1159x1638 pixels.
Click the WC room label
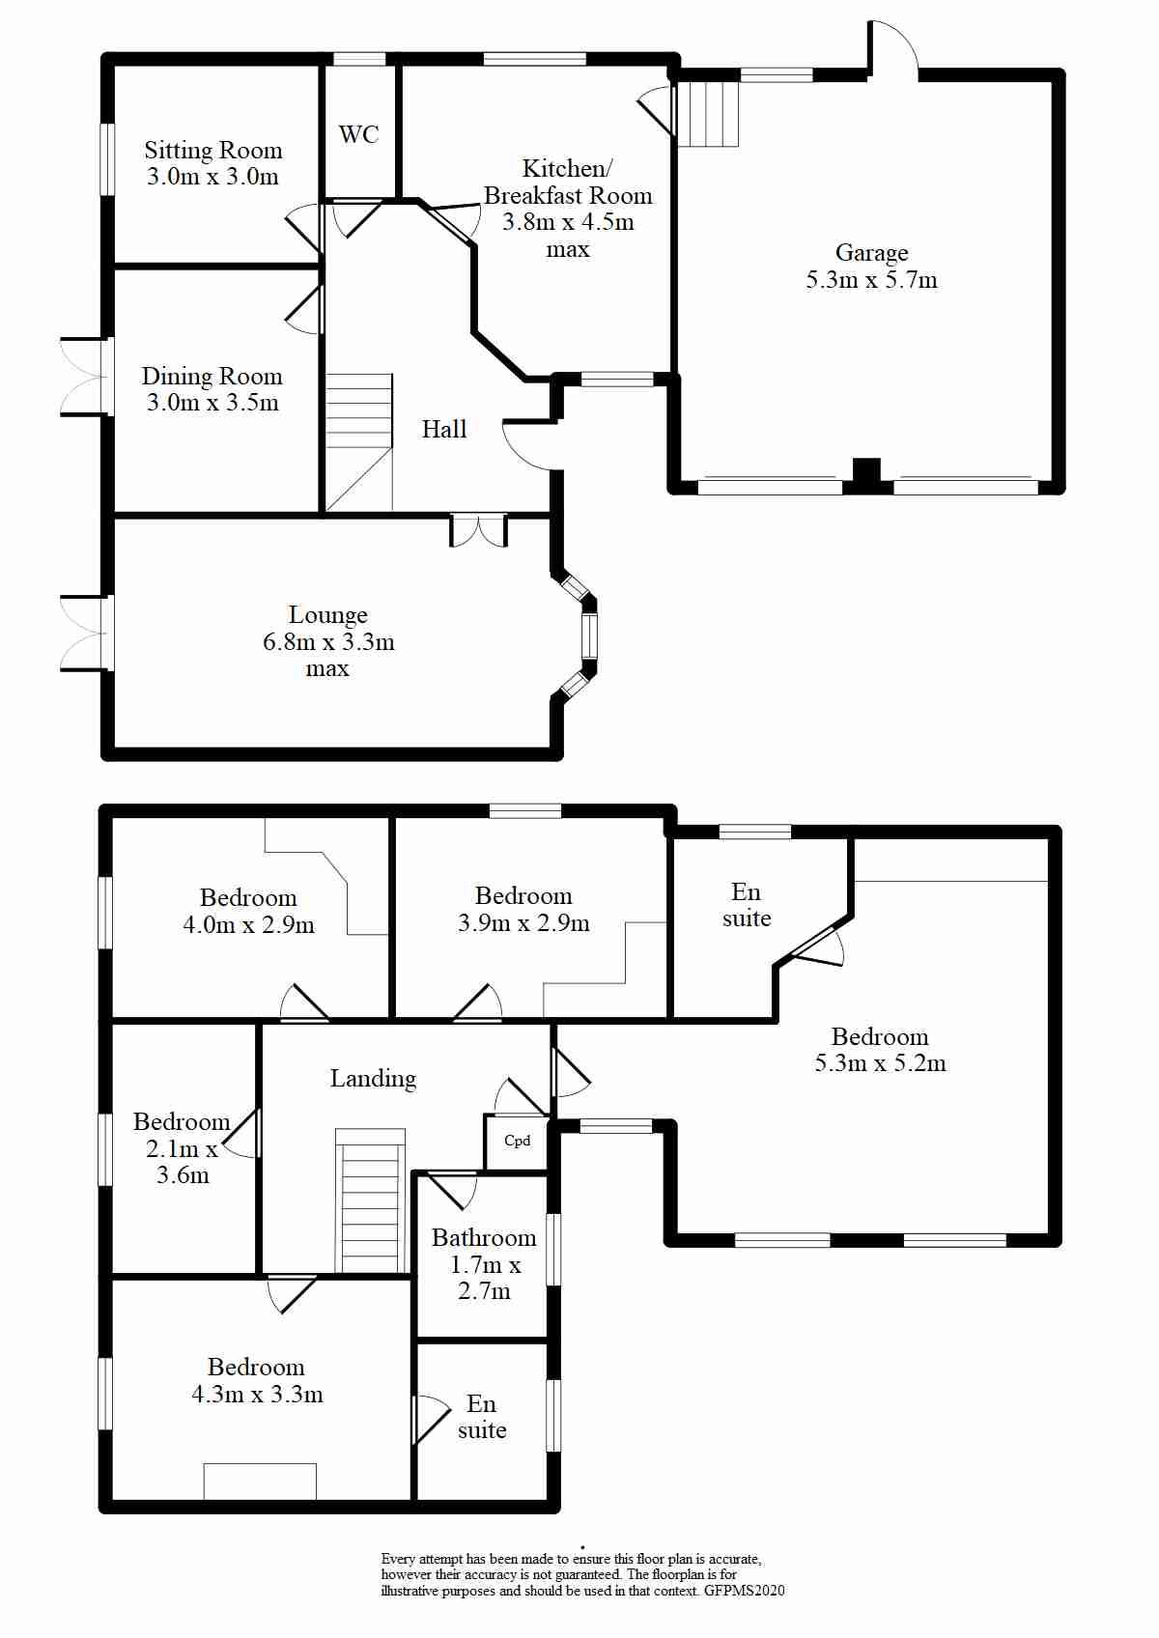click(x=358, y=134)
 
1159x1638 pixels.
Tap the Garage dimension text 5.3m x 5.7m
click(x=871, y=280)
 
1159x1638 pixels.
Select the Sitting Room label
click(x=213, y=150)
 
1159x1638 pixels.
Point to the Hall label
click(x=444, y=429)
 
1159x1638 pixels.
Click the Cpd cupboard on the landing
click(x=518, y=1141)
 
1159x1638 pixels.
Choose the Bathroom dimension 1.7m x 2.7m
click(x=485, y=1278)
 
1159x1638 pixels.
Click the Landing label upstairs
click(x=373, y=1078)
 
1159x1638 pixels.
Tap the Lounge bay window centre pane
click(x=588, y=636)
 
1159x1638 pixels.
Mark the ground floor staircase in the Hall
click(x=358, y=441)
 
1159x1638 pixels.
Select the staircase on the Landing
click(x=370, y=1201)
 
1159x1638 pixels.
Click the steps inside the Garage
click(x=707, y=114)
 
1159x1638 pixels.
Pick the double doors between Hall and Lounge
click(x=478, y=530)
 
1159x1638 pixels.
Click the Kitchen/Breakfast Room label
click(x=568, y=182)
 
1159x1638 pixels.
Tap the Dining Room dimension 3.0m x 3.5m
click(x=212, y=403)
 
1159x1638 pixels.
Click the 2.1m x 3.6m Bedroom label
click(x=182, y=1148)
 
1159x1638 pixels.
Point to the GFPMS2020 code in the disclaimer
click(x=744, y=1591)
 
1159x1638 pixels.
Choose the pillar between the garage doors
click(x=867, y=475)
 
